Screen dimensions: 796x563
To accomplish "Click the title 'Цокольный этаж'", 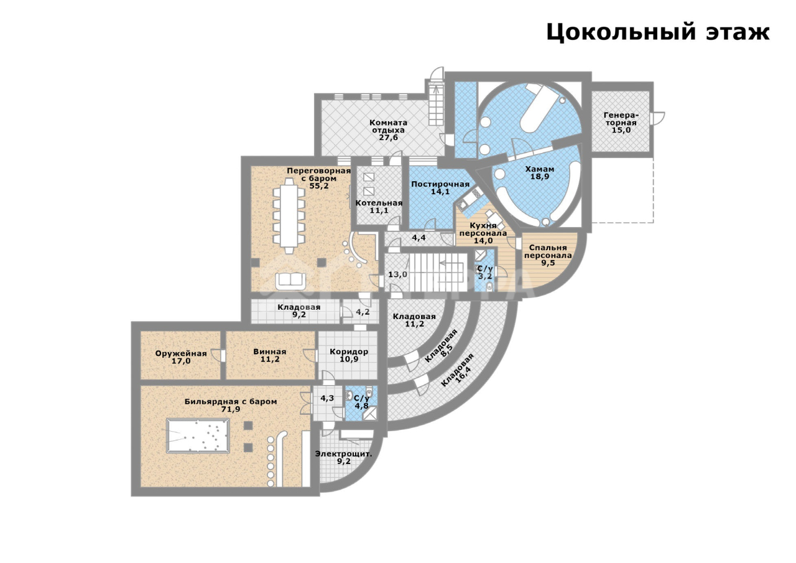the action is (657, 32).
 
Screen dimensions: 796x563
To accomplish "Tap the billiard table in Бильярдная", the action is (198, 435).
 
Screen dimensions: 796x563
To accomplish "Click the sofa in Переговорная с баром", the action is (290, 281).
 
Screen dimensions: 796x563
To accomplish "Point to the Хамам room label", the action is (540, 173).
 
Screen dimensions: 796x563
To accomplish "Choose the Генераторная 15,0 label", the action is (621, 123).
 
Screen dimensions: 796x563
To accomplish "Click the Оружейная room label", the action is (181, 357).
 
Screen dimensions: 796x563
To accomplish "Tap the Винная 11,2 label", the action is (270, 355).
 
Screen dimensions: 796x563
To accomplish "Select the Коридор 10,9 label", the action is (349, 355).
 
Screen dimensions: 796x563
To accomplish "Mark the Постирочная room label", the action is (440, 188).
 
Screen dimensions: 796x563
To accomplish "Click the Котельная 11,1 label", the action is (379, 207).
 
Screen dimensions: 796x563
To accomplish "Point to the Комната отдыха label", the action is (389, 130).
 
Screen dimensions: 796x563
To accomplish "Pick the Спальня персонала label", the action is (548, 255).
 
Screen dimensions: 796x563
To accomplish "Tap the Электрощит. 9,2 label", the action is (344, 457).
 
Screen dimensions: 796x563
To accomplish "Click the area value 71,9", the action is (231, 409).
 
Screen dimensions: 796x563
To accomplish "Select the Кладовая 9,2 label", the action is (299, 310).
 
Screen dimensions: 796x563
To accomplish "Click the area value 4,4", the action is (419, 238).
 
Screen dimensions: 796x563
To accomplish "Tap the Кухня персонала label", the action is (483, 233).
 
